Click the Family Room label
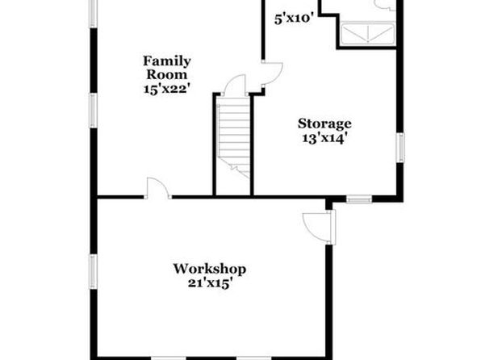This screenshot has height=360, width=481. [x=167, y=68]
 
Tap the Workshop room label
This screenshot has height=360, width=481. [x=210, y=269]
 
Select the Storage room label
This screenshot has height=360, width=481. [x=324, y=123]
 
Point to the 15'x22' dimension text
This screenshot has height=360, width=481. [x=167, y=89]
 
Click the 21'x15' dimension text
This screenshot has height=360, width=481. [x=210, y=283]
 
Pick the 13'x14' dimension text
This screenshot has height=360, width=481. [x=325, y=138]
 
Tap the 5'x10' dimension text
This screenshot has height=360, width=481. [x=294, y=19]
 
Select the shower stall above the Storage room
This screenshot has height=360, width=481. [x=367, y=34]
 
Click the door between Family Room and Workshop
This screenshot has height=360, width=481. [x=158, y=188]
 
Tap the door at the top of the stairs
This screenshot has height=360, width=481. [x=236, y=85]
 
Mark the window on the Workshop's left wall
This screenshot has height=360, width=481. [x=94, y=271]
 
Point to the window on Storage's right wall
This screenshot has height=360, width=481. [x=399, y=148]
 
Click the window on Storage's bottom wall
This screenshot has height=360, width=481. [x=359, y=200]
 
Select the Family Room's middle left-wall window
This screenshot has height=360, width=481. [x=94, y=111]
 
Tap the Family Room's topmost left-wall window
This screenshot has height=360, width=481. [x=94, y=14]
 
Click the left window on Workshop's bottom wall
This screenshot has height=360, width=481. [x=169, y=358]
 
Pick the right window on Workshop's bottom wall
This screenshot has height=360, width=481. [x=253, y=358]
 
